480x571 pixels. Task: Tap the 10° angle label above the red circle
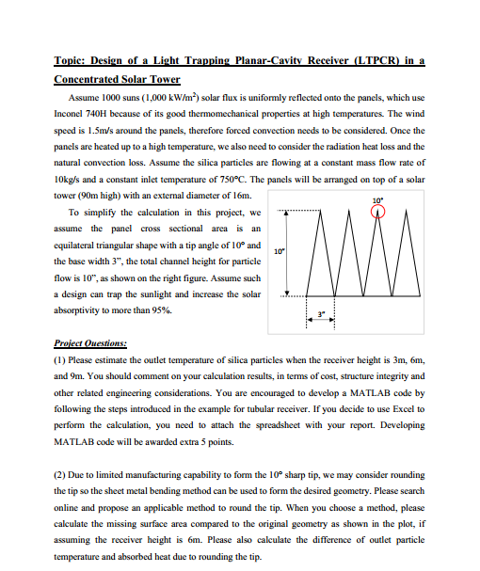click(x=378, y=200)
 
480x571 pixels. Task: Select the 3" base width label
click(x=320, y=313)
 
